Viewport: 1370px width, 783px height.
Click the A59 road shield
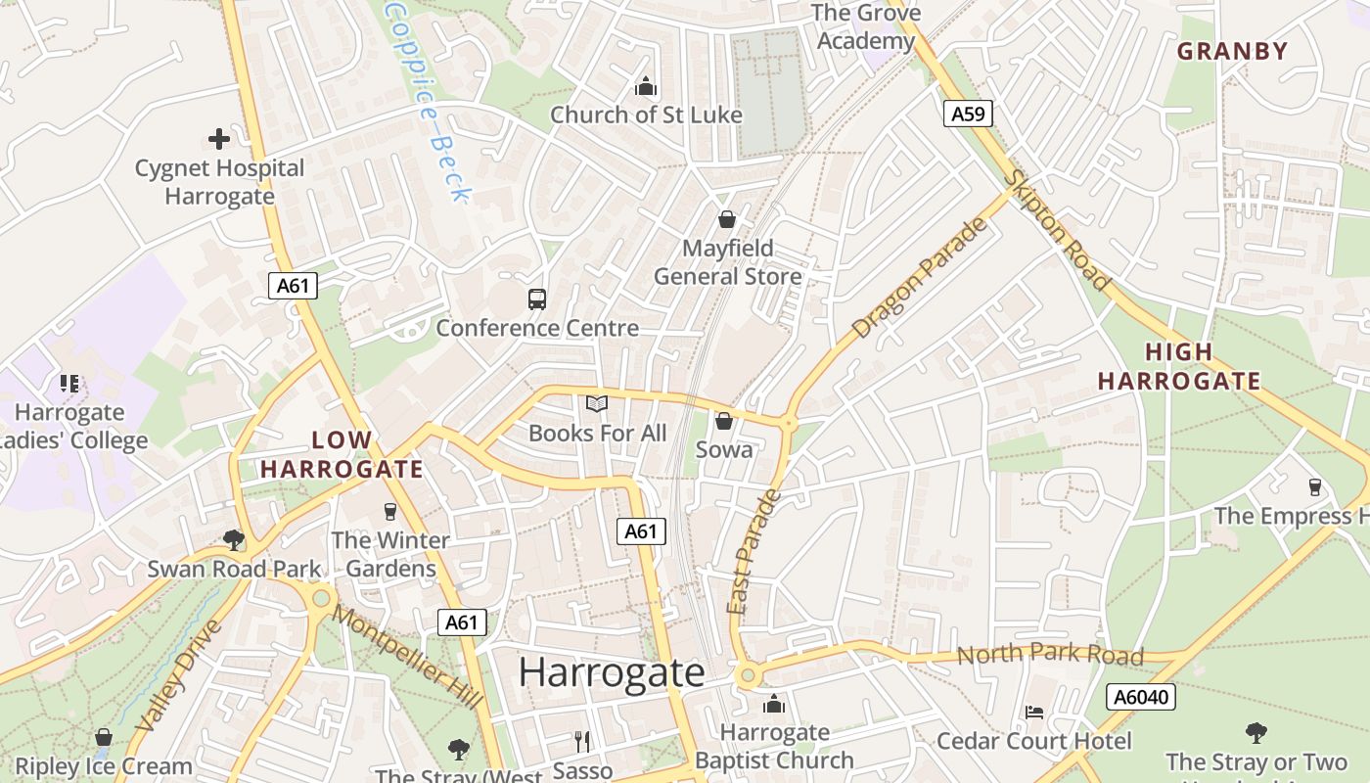pyautogui.click(x=968, y=114)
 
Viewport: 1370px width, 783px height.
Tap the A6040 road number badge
pyautogui.click(x=1141, y=697)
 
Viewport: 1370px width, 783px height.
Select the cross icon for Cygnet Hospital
pyautogui.click(x=219, y=139)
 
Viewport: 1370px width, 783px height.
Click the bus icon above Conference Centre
pyautogui.click(x=536, y=299)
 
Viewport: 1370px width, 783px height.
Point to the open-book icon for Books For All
pyautogui.click(x=597, y=403)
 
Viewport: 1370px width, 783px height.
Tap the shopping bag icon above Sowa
pyautogui.click(x=724, y=421)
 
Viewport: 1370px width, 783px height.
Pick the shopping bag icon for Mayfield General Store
pyautogui.click(x=727, y=219)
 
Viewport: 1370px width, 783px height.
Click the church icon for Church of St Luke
pyautogui.click(x=645, y=86)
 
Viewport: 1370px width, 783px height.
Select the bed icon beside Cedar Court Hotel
pyautogui.click(x=1034, y=712)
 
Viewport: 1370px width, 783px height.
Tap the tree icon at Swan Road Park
pyautogui.click(x=233, y=539)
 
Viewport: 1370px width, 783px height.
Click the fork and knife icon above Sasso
pyautogui.click(x=582, y=742)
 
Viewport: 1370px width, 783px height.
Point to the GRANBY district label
pyautogui.click(x=1232, y=51)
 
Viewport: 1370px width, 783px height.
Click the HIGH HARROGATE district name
pyautogui.click(x=1178, y=366)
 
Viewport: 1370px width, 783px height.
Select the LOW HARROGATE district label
pyautogui.click(x=342, y=454)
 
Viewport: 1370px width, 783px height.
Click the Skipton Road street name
pyautogui.click(x=1061, y=231)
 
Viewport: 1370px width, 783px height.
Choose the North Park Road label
pyautogui.click(x=1049, y=654)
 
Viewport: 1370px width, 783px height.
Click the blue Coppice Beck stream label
pyautogui.click(x=430, y=98)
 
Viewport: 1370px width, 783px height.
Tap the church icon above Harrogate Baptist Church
pyautogui.click(x=774, y=704)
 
